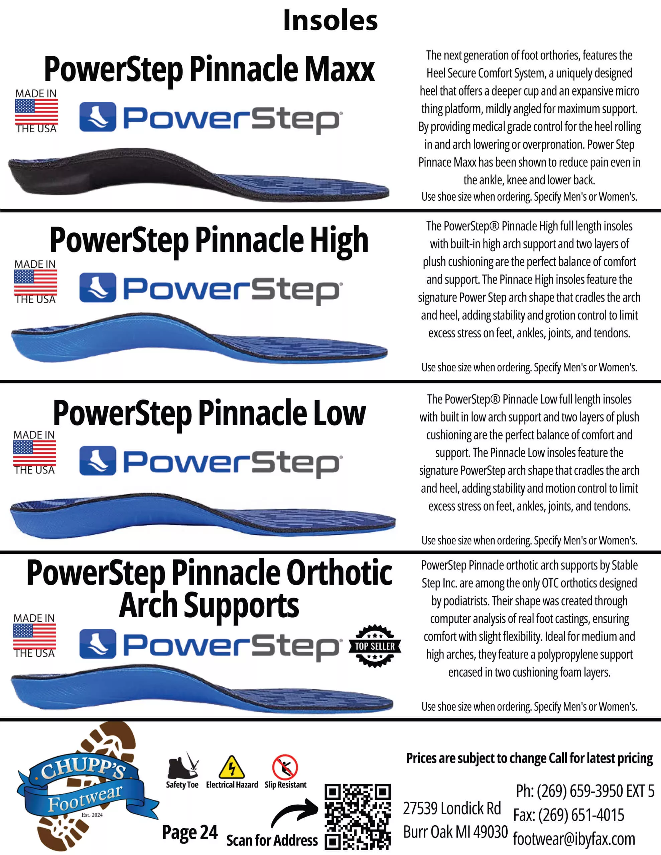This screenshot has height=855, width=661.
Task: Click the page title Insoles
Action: pos(330,20)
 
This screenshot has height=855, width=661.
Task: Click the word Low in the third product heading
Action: pos(339,413)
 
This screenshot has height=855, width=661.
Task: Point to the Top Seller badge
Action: pos(375,646)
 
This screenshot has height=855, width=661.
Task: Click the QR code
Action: pos(357,817)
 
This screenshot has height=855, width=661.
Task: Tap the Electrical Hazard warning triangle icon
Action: pos(232,767)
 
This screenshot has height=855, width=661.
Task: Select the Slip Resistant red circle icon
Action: pos(285,767)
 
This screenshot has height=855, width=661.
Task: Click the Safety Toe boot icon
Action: pos(182,766)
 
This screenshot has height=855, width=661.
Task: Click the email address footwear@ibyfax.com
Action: pos(574,839)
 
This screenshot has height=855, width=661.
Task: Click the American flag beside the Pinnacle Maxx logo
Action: pos(36,112)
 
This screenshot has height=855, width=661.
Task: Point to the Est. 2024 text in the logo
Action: pos(92,815)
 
